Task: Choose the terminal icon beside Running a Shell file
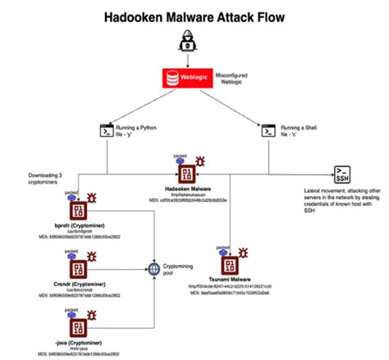coord(267,130)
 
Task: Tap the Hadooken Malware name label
coord(190,189)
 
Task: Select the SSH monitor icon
coord(341,173)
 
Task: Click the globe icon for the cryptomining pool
coord(153,267)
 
